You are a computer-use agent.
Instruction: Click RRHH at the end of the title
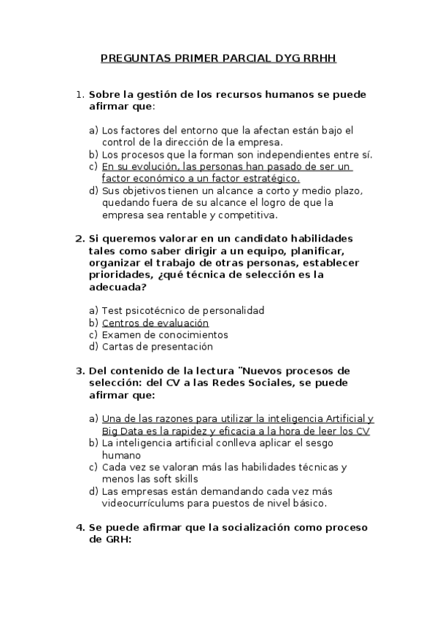pos(318,58)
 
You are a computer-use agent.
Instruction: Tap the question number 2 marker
pos(80,239)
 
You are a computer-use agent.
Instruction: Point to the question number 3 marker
pos(80,371)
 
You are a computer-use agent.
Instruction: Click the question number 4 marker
pos(80,527)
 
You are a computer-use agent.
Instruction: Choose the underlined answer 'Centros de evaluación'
pos(155,323)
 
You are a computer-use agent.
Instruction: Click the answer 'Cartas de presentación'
pos(157,347)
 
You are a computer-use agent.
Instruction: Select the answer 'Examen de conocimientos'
pos(165,335)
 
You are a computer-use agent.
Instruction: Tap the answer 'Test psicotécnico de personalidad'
pos(182,311)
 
